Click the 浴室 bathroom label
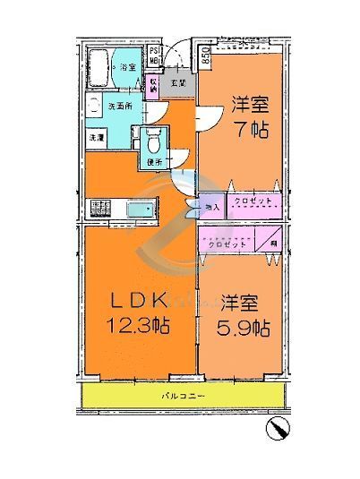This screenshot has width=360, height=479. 127,67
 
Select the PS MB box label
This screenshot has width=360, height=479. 154,57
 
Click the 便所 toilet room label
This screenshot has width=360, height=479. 152,162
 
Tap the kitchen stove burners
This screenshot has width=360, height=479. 99,210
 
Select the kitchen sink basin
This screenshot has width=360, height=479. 139,210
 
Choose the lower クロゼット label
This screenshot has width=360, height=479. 226,243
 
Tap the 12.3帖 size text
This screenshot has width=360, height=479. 138,328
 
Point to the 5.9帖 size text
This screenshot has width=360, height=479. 242,328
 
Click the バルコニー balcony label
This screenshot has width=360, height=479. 184,395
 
